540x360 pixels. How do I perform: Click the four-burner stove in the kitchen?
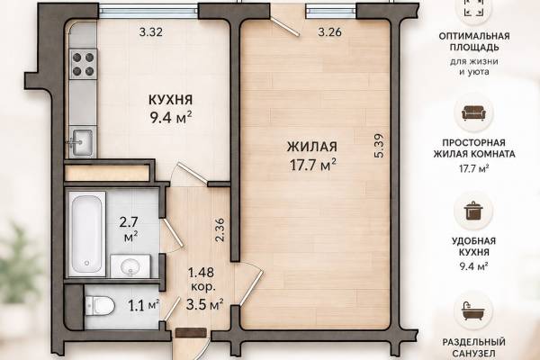[x=83, y=64]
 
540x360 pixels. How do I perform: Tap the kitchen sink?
[x=82, y=141]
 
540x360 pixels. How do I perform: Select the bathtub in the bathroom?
[x=86, y=234]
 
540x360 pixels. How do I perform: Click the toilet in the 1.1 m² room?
[x=100, y=306]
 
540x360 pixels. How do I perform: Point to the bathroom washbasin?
[x=130, y=266]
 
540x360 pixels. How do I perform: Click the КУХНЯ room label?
[x=170, y=100]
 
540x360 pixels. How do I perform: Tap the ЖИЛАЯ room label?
[x=312, y=147]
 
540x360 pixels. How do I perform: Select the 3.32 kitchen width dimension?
[x=151, y=32]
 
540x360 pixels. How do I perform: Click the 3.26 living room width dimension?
[x=330, y=32]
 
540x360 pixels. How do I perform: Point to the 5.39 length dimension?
[x=379, y=146]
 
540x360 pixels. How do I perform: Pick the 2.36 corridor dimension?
[x=220, y=229]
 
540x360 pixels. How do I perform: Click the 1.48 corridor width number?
[x=201, y=273]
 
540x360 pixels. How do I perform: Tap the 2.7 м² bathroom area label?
[x=129, y=229]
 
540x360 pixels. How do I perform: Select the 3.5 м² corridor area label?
[x=204, y=305]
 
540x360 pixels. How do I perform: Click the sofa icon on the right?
[x=474, y=112]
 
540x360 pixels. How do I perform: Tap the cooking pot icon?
[x=474, y=211]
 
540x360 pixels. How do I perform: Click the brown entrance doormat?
[x=191, y=333]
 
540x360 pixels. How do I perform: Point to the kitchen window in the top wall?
[x=148, y=11]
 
